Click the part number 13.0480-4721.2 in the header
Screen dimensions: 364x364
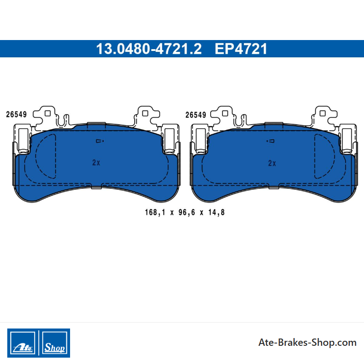tap(149, 49)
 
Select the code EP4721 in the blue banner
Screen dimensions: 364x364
tap(241, 49)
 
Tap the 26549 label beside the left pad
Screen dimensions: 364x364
tap(16, 115)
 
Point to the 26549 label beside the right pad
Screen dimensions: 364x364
tap(196, 115)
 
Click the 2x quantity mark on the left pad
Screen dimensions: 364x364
tap(96, 162)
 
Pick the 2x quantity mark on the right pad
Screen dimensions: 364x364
tap(272, 163)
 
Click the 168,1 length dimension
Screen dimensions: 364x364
tap(155, 212)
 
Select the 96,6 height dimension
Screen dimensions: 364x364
tap(187, 212)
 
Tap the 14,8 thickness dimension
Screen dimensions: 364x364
tap(217, 212)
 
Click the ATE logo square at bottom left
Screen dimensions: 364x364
tap(22, 343)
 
